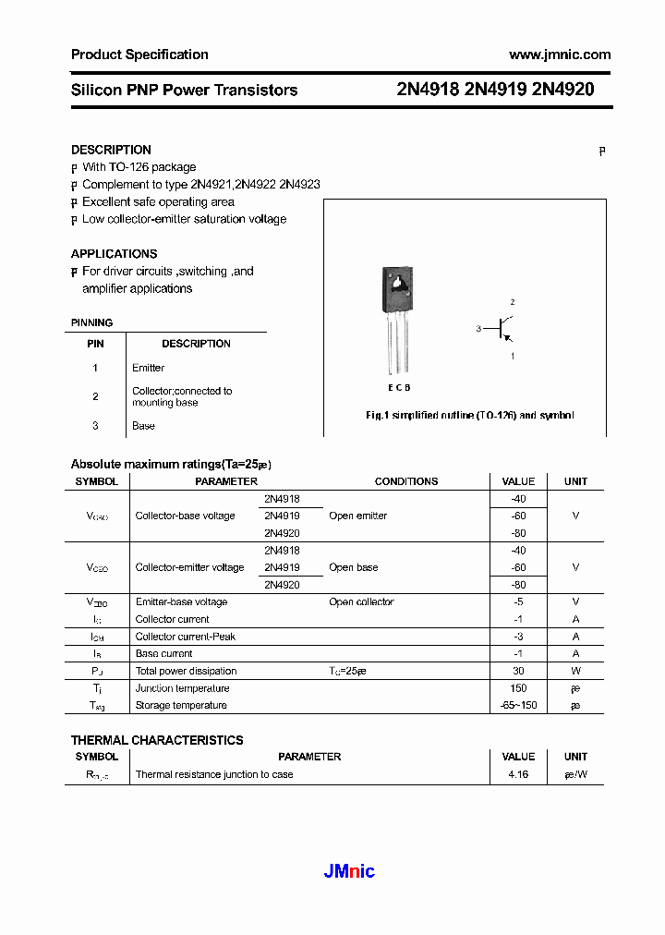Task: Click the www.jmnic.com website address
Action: pyautogui.click(x=560, y=55)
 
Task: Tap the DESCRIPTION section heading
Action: pyautogui.click(x=111, y=150)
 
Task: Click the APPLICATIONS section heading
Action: pyautogui.click(x=114, y=253)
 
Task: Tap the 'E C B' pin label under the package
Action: pyautogui.click(x=398, y=388)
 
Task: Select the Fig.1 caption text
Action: pyautogui.click(x=469, y=416)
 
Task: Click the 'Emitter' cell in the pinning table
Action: pyautogui.click(x=148, y=368)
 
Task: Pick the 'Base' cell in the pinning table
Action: pyautogui.click(x=143, y=426)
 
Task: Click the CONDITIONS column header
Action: pyautogui.click(x=406, y=481)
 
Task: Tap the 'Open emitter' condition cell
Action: pyautogui.click(x=357, y=516)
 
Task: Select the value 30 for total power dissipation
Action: pyautogui.click(x=518, y=671)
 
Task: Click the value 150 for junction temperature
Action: pyautogui.click(x=518, y=688)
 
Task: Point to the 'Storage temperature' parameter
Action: pyautogui.click(x=181, y=706)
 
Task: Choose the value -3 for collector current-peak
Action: pyautogui.click(x=518, y=637)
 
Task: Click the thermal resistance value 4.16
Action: pyautogui.click(x=518, y=774)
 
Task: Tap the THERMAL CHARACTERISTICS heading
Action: pyautogui.click(x=157, y=740)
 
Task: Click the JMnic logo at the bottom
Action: pyautogui.click(x=349, y=871)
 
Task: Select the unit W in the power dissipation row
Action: pyautogui.click(x=575, y=671)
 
